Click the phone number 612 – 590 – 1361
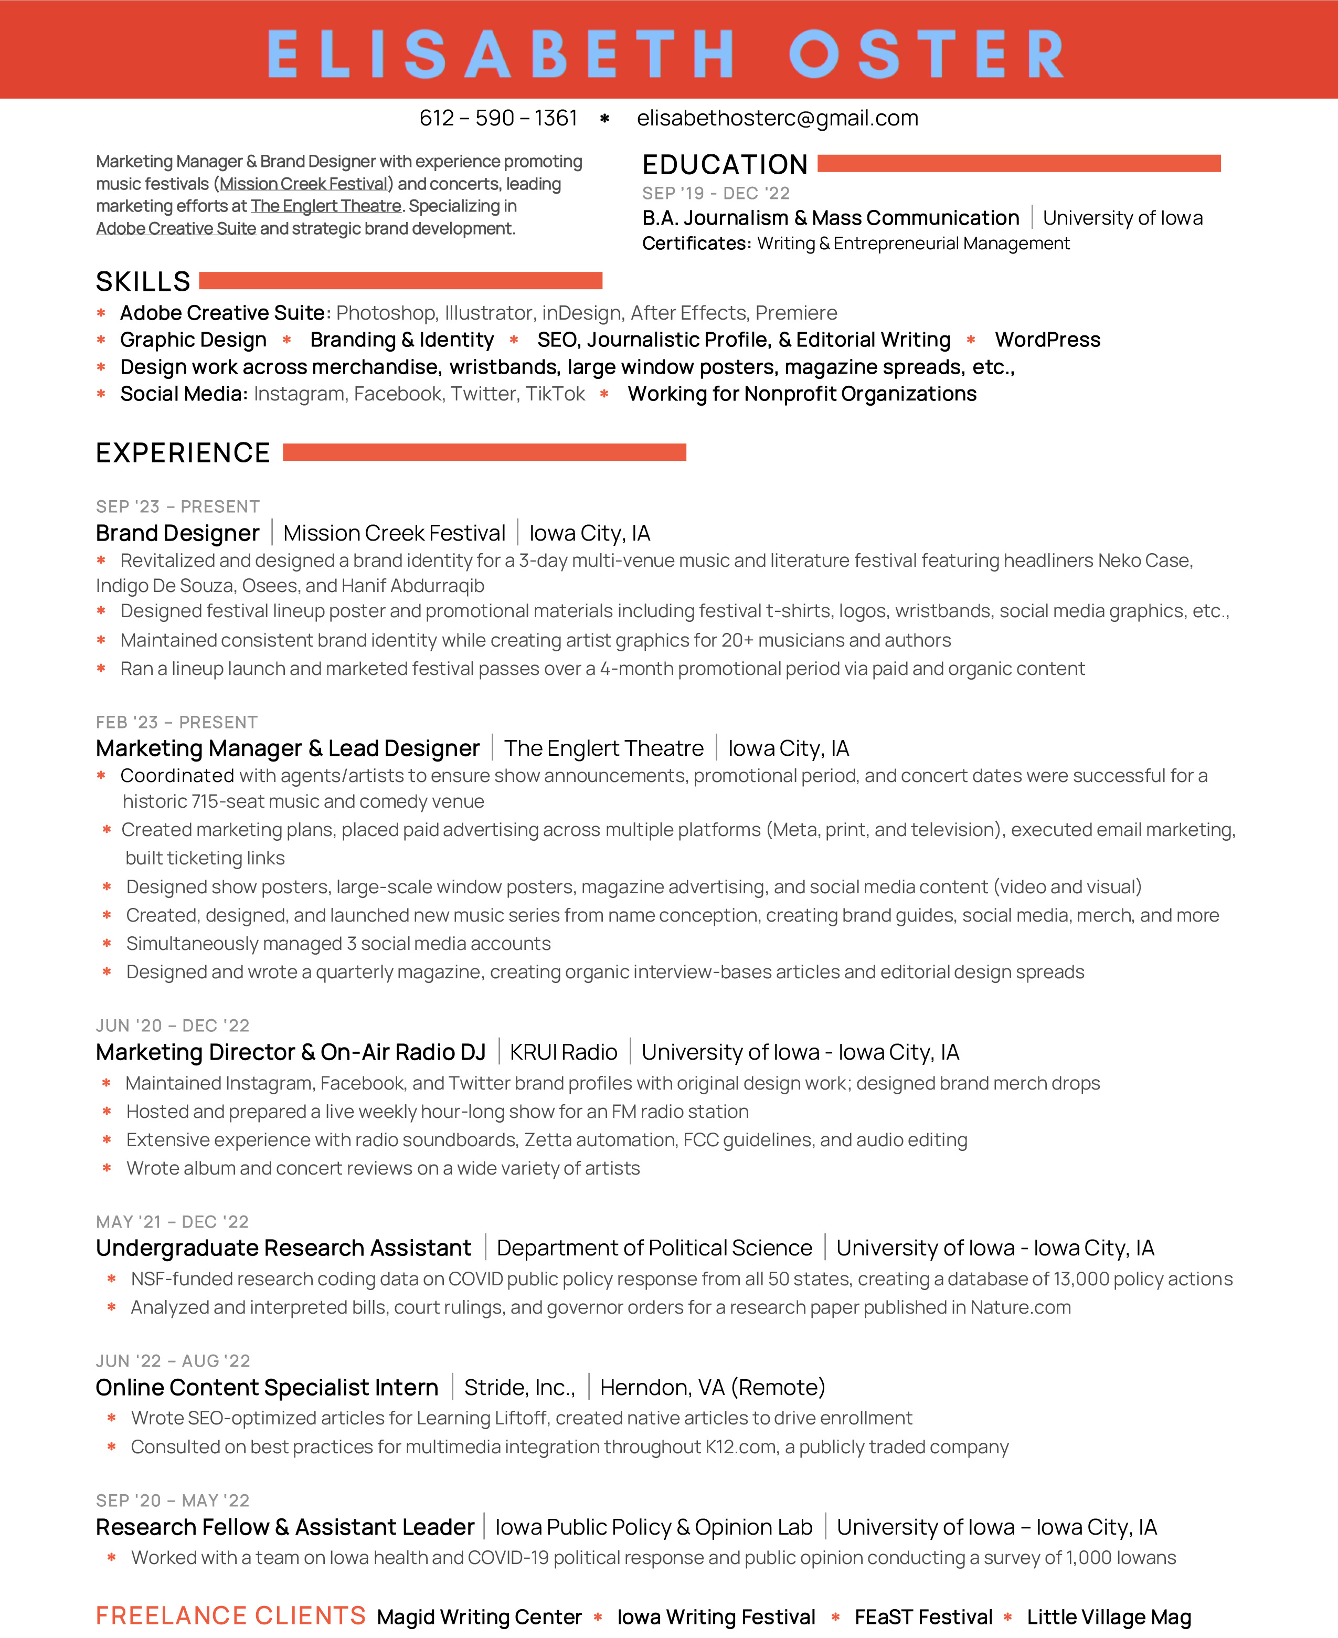498,118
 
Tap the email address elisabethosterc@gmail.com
777,118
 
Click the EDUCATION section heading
725,164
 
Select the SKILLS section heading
143,281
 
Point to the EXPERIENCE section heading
183,452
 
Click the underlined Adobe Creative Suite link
176,229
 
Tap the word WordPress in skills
1047,340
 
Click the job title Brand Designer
177,533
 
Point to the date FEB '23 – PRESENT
176,722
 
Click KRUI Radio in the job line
564,1052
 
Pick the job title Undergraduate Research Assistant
283,1248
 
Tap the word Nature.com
1021,1307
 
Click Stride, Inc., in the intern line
519,1388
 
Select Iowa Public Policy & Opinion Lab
654,1527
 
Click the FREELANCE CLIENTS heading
230,1615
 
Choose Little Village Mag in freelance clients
1108,1617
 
